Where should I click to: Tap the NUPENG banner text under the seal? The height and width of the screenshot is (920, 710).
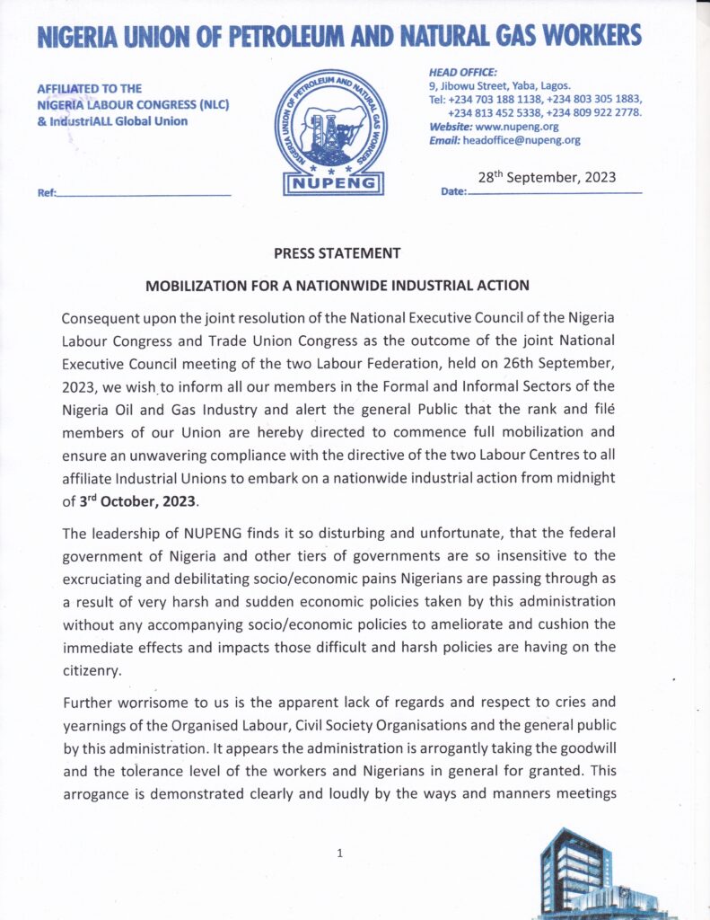coord(334,183)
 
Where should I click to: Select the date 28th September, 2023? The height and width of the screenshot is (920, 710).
coord(547,177)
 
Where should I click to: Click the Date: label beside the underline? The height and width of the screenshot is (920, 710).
coord(454,193)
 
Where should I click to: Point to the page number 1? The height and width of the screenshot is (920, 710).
coord(339,853)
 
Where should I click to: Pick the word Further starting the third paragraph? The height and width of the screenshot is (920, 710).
coord(87,703)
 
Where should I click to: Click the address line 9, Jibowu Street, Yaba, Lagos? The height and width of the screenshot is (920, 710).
coord(494,85)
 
